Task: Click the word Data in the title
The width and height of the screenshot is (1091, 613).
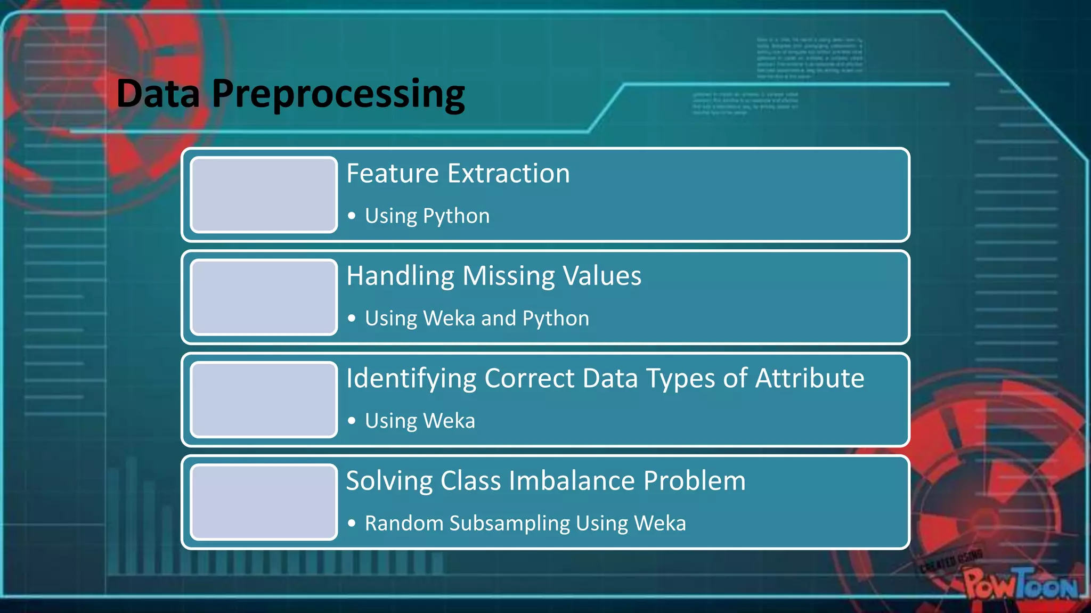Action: (x=158, y=94)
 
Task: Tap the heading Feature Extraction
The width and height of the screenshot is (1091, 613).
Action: (x=458, y=174)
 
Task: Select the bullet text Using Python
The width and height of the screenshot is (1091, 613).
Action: (x=427, y=216)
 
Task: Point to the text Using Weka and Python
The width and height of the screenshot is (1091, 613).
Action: (x=477, y=318)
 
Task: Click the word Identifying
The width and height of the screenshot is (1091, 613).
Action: (x=411, y=379)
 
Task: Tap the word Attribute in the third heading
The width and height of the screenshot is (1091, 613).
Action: (x=809, y=378)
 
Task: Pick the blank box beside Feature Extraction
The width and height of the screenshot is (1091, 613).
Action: (x=264, y=195)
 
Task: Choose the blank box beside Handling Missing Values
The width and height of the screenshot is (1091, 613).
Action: (x=264, y=297)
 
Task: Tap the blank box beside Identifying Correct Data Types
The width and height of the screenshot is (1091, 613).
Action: (x=264, y=399)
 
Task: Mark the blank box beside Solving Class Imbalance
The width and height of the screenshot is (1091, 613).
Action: (x=264, y=502)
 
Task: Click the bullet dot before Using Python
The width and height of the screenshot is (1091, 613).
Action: (x=352, y=216)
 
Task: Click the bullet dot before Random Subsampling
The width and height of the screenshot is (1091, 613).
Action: (x=352, y=523)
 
